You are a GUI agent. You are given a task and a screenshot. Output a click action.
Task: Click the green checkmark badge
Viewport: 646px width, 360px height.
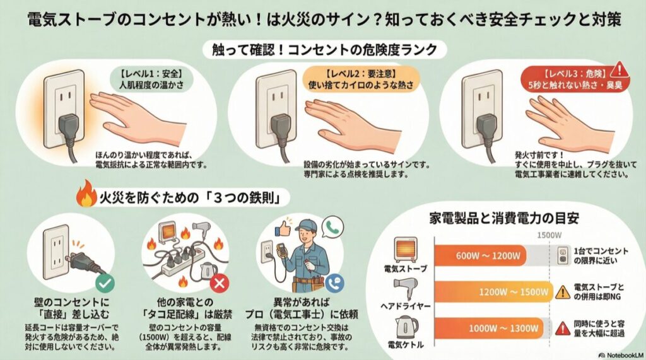click(105, 282)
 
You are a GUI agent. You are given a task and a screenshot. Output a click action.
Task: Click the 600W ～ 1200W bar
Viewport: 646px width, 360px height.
click(483, 255)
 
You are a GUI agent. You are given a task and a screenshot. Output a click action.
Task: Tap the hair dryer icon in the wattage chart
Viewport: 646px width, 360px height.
click(405, 290)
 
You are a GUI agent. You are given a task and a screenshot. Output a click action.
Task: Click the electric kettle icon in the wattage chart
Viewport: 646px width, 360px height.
click(406, 327)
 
